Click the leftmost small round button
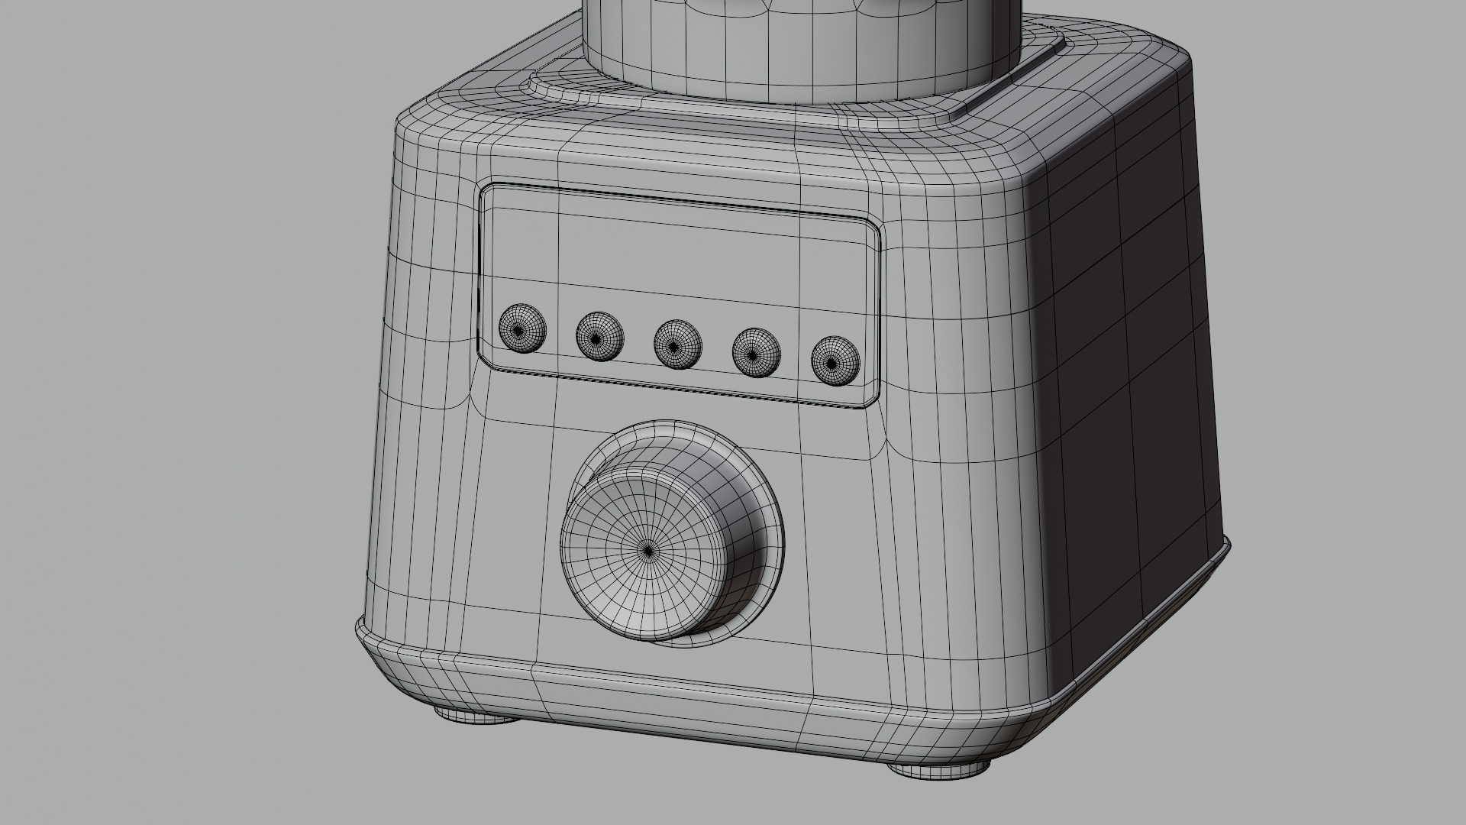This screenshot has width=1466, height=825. point(522,329)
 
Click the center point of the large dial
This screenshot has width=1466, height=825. point(648,550)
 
